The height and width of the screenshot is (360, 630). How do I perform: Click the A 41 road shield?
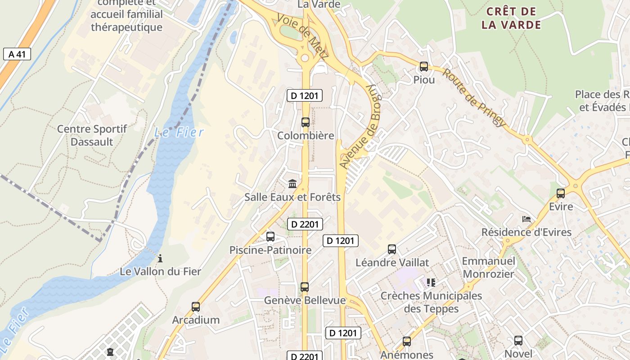pos(17,54)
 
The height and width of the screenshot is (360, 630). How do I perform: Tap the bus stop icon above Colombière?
pos(306,122)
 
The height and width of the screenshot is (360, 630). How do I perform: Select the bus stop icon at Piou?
pos(424,67)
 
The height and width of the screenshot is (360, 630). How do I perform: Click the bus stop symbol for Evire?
pos(561,193)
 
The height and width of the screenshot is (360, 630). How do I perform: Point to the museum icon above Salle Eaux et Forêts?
pos(292,184)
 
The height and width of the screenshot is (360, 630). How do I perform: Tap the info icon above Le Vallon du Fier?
pos(160,258)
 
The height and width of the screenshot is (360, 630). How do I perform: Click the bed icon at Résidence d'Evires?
pos(526,219)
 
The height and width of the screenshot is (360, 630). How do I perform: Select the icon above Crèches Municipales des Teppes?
pos(431,283)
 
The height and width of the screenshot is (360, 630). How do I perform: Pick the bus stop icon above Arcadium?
pos(196,307)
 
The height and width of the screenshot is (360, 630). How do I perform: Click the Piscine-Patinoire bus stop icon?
pos(270,237)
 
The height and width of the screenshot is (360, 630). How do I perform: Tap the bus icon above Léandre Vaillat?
pos(392,249)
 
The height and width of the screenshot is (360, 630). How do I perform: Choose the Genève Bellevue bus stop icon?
pos(305,287)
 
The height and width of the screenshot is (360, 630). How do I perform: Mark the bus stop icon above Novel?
pos(518,341)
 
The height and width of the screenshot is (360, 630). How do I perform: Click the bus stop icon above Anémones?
pos(407,342)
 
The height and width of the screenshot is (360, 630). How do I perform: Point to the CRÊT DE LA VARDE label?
pos(511,18)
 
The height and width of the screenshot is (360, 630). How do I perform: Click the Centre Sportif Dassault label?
pos(92,135)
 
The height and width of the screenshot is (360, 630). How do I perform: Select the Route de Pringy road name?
pos(474,98)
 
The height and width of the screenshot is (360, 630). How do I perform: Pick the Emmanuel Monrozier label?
pos(488,267)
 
